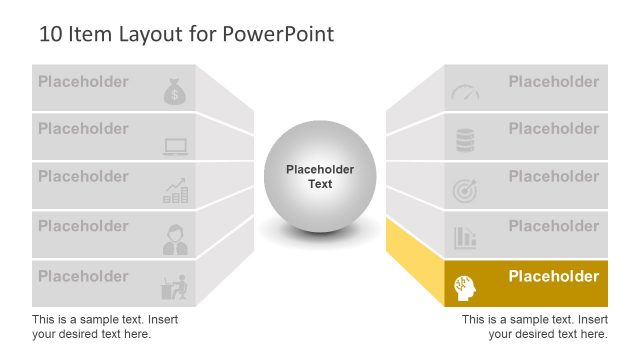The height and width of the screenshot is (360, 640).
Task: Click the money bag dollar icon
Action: [175, 92]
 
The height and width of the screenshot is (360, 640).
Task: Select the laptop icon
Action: [176, 147]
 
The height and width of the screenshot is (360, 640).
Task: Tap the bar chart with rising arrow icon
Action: [176, 190]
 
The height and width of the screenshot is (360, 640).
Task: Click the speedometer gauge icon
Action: [465, 92]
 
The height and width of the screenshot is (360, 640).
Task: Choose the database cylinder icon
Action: [465, 141]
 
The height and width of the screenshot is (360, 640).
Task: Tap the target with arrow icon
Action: [465, 189]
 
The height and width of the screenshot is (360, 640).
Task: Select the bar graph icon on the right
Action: [465, 237]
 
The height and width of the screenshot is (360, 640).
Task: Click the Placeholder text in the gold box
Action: [553, 276]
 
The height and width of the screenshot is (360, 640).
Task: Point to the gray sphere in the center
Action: [319, 176]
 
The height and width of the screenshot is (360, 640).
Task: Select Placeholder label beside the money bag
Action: [83, 82]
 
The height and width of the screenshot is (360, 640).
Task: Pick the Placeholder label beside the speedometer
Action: [553, 82]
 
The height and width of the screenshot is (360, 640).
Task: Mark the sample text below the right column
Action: [534, 326]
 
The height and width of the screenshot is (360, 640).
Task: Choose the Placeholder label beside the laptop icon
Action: [83, 129]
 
